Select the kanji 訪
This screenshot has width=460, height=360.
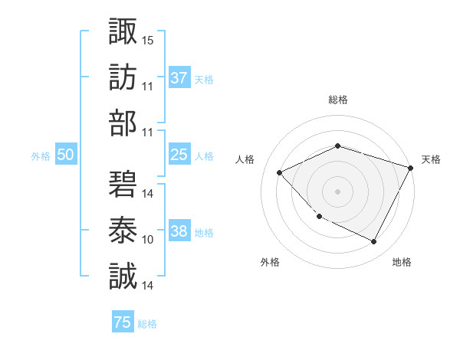(123, 77)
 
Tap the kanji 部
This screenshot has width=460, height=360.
(123, 123)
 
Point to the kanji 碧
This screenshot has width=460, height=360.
(123, 185)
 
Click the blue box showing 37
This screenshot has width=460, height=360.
(179, 77)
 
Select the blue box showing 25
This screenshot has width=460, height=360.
(179, 155)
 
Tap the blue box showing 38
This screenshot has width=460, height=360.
(179, 231)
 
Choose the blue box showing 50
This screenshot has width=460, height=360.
(65, 155)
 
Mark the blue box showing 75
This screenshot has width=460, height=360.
(123, 322)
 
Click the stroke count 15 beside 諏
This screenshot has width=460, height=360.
(148, 40)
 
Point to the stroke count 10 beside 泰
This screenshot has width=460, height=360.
(148, 240)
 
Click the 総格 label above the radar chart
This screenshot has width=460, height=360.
(337, 100)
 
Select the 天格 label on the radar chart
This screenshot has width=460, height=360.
(431, 159)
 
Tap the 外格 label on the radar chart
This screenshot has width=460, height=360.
(270, 263)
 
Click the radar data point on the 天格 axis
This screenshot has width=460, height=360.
(411, 168)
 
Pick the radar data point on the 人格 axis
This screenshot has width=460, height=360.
(280, 172)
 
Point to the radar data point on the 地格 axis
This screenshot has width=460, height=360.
(374, 242)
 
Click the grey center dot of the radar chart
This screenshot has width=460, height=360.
(337, 191)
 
